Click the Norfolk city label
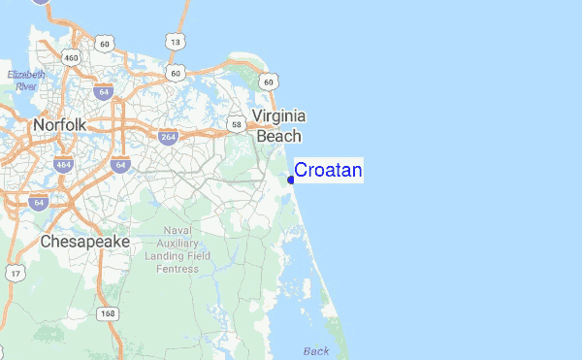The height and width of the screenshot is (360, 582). click(59, 125)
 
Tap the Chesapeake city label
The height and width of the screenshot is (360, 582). click(85, 241)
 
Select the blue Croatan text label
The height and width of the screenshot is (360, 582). click(328, 171)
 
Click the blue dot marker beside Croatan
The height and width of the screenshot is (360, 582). click(291, 180)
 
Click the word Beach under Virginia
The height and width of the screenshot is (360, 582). click(279, 137)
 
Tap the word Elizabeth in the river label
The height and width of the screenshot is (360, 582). click(26, 74)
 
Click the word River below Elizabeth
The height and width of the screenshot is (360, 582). click(26, 85)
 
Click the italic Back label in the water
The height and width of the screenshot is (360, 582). click(316, 350)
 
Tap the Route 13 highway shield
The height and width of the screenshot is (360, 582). click(175, 42)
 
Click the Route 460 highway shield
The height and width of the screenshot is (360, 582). click(71, 57)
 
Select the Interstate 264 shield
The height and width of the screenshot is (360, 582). click(168, 138)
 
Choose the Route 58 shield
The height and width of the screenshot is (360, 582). click(236, 124)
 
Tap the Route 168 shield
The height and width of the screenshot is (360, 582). click(108, 313)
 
